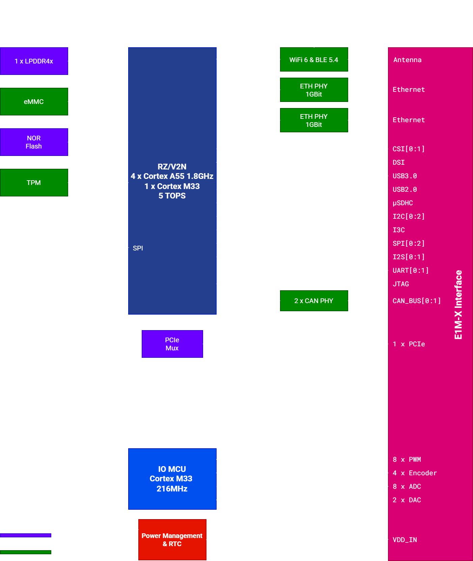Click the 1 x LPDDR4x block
tap(34, 61)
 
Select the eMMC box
tap(34, 102)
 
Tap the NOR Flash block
tap(34, 142)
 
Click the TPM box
tap(34, 183)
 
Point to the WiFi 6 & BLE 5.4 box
tap(314, 60)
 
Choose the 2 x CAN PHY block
tap(314, 301)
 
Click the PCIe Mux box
tap(172, 344)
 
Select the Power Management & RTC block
tap(172, 539)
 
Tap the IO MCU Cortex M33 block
tap(172, 479)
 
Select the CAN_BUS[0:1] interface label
tap(417, 301)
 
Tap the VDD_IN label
tap(405, 540)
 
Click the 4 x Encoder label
tap(415, 473)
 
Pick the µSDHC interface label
tap(402, 203)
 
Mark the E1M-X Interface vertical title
tap(458, 304)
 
